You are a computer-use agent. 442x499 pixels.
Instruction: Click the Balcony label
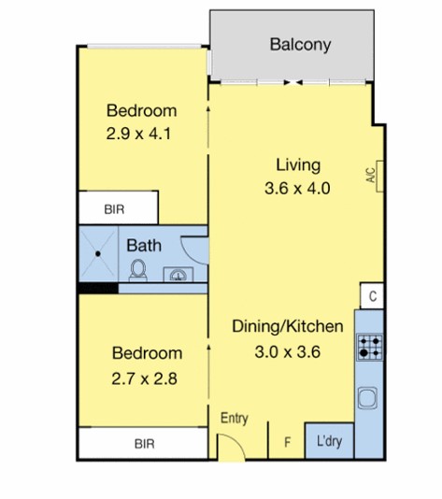coord(300,45)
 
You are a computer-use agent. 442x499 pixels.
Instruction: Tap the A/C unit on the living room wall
coord(379,177)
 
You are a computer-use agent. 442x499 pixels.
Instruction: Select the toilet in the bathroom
coord(138,270)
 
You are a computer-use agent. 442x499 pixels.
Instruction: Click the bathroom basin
coord(178,275)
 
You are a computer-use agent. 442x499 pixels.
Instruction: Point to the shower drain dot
coord(98,254)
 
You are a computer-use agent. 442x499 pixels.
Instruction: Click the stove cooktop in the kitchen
coord(369,347)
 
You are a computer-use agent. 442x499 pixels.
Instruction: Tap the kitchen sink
coord(368,398)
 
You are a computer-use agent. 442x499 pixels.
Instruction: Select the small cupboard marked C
coord(372,296)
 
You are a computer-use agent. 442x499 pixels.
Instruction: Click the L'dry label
coord(329,441)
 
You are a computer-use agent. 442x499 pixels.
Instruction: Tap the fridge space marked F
coord(287,442)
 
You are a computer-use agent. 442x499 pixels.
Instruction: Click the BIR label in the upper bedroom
coord(114,209)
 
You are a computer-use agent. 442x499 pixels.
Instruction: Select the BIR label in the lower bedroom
coord(145,444)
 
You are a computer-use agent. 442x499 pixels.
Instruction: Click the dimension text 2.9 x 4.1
coord(138,134)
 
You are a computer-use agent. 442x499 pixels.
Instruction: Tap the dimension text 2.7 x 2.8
coord(144,379)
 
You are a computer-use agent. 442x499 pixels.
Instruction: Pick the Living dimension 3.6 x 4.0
coord(297,188)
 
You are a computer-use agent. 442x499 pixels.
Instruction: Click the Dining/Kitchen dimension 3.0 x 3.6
coord(288,352)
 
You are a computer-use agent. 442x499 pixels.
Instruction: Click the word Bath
coord(144,246)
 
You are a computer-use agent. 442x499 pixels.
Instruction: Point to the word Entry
coord(235,418)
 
